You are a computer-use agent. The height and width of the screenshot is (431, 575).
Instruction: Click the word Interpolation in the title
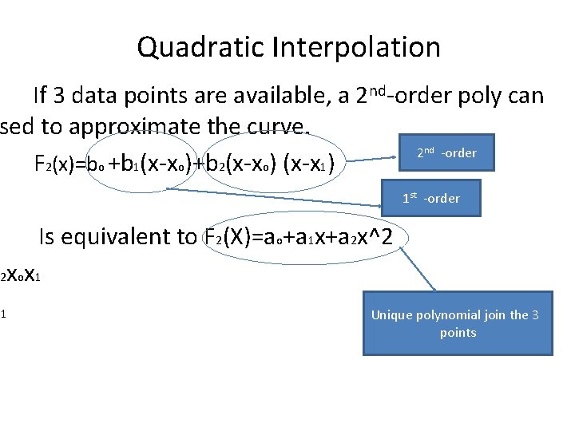[x=356, y=47]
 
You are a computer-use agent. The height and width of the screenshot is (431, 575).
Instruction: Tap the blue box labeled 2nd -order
[x=446, y=153]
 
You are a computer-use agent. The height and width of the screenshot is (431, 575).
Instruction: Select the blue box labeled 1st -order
[x=430, y=199]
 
